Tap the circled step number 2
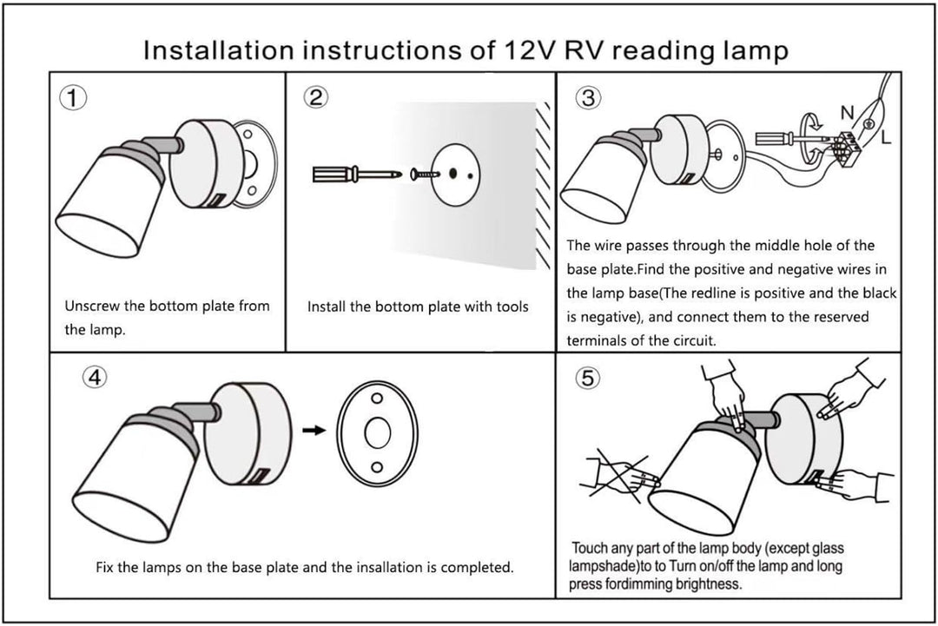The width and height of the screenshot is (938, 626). click(x=318, y=97)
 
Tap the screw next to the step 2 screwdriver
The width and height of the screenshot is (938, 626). click(x=424, y=175)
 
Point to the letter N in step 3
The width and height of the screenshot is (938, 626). click(x=847, y=112)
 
